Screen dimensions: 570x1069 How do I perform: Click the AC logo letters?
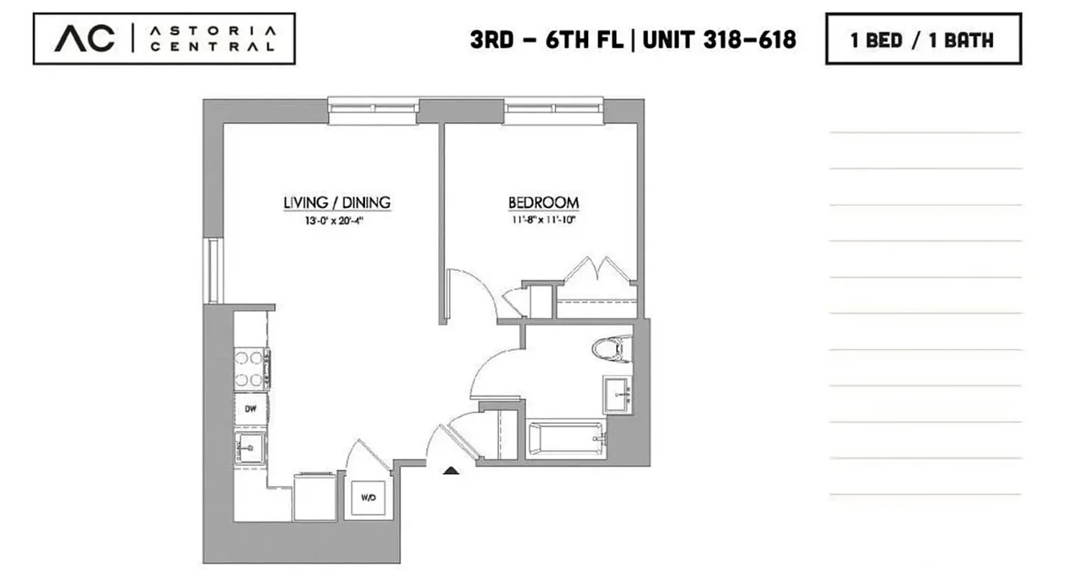click(x=84, y=38)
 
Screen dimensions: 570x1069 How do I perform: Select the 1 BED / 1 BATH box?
click(x=923, y=39)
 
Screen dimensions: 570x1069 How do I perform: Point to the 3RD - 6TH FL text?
click(x=547, y=40)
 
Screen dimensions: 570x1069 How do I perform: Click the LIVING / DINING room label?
click(x=337, y=203)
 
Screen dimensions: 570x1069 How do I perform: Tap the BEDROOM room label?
click(x=543, y=203)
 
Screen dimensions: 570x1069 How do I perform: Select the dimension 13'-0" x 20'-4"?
click(x=337, y=220)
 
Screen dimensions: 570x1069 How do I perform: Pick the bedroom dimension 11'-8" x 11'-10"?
click(x=543, y=220)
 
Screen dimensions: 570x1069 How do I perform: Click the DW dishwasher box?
click(x=251, y=409)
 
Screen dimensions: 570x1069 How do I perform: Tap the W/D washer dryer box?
click(x=368, y=498)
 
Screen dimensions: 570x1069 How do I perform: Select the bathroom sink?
click(x=617, y=394)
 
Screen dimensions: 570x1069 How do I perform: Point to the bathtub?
click(x=567, y=439)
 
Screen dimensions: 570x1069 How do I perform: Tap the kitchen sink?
click(x=249, y=449)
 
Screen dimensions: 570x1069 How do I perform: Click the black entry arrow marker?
click(x=451, y=470)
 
